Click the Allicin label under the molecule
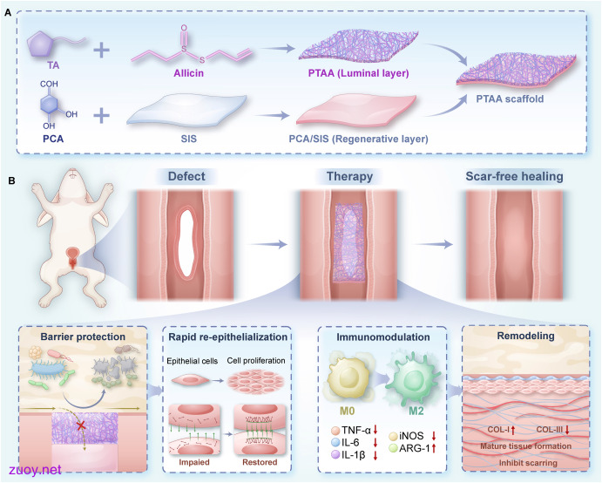pyautogui.click(x=188, y=73)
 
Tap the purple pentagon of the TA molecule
pyautogui.click(x=41, y=44)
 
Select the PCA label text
pyautogui.click(x=53, y=139)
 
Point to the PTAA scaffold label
pyautogui.click(x=510, y=99)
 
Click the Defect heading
pyautogui.click(x=186, y=176)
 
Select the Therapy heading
pyautogui.click(x=349, y=176)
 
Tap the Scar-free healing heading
pyautogui.click(x=514, y=176)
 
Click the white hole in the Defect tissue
pyautogui.click(x=186, y=241)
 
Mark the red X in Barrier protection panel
pyautogui.click(x=81, y=425)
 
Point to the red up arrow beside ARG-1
pyautogui.click(x=434, y=448)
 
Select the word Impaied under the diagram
pyautogui.click(x=194, y=462)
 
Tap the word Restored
pyautogui.click(x=260, y=462)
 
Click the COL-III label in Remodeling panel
pyautogui.click(x=549, y=430)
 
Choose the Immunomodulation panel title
pyautogui.click(x=382, y=337)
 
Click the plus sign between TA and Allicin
pyautogui.click(x=101, y=51)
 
